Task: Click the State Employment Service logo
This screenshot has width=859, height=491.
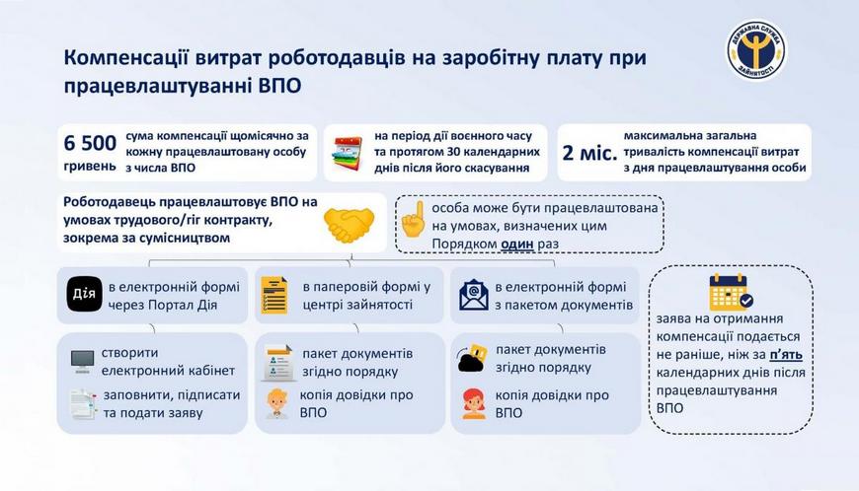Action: point(756,50)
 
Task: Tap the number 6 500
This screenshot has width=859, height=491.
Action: point(90,143)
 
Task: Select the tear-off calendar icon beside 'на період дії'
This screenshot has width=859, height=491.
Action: point(349,154)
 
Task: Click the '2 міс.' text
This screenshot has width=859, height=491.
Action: point(589,153)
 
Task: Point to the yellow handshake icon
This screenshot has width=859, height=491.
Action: point(349,225)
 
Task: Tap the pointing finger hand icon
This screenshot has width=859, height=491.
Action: point(414,219)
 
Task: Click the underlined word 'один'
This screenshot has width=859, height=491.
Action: point(517,244)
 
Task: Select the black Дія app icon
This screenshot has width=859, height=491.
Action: point(84,294)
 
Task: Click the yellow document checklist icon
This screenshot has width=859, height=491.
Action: point(275,295)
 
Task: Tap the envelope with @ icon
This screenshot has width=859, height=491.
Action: point(474,295)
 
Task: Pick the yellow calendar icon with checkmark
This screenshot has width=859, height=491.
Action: point(731,292)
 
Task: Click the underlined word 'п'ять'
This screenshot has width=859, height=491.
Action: point(786,355)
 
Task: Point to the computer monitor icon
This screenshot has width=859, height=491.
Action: point(82,362)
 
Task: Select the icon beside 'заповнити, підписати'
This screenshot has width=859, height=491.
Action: point(83,404)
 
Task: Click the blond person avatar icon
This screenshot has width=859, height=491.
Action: point(277,404)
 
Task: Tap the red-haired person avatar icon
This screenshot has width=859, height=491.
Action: point(473,404)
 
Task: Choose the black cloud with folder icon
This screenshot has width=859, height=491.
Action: point(472,358)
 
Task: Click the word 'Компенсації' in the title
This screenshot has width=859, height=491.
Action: point(126,58)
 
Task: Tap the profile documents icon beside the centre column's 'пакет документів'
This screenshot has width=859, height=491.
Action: point(278,363)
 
